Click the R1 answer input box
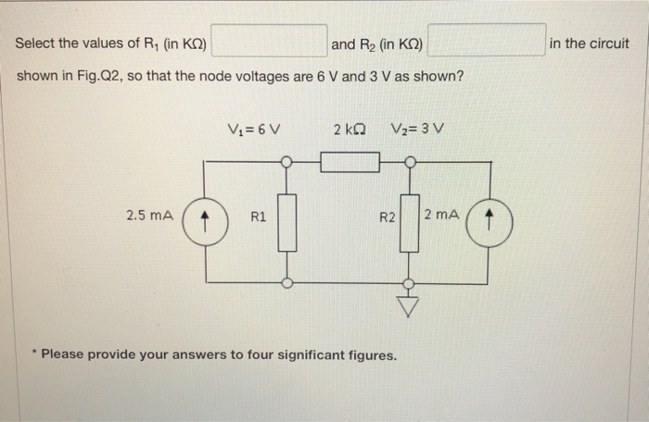click(x=271, y=42)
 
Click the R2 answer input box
click(x=486, y=42)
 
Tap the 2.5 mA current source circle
click(x=205, y=223)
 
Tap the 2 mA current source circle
click(x=490, y=223)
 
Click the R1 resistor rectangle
click(x=286, y=222)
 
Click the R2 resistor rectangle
click(x=409, y=222)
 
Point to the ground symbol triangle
click(x=409, y=304)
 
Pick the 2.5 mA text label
click(x=149, y=216)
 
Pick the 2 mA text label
click(x=440, y=215)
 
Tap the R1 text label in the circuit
click(x=259, y=218)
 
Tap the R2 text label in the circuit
click(x=388, y=218)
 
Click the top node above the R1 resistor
click(x=286, y=162)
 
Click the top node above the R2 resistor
click(x=409, y=162)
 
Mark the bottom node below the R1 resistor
click(x=286, y=283)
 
